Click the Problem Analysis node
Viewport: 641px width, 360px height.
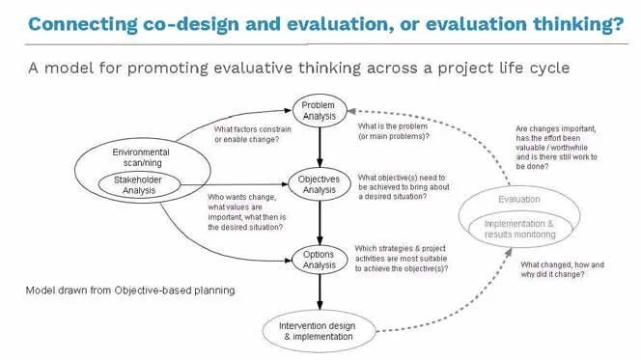tap(318, 110)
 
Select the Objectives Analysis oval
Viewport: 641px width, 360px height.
tap(318, 182)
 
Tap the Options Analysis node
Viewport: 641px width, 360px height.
tap(318, 258)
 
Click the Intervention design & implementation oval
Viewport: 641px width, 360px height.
tap(319, 331)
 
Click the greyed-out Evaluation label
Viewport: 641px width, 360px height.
tap(519, 199)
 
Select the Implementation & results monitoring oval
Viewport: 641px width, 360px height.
tap(520, 228)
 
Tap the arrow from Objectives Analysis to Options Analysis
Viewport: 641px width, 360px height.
tap(319, 220)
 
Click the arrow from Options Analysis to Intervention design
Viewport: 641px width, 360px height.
tap(319, 292)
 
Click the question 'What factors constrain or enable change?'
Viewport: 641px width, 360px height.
tap(246, 135)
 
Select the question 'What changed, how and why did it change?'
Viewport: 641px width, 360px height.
tap(563, 269)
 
